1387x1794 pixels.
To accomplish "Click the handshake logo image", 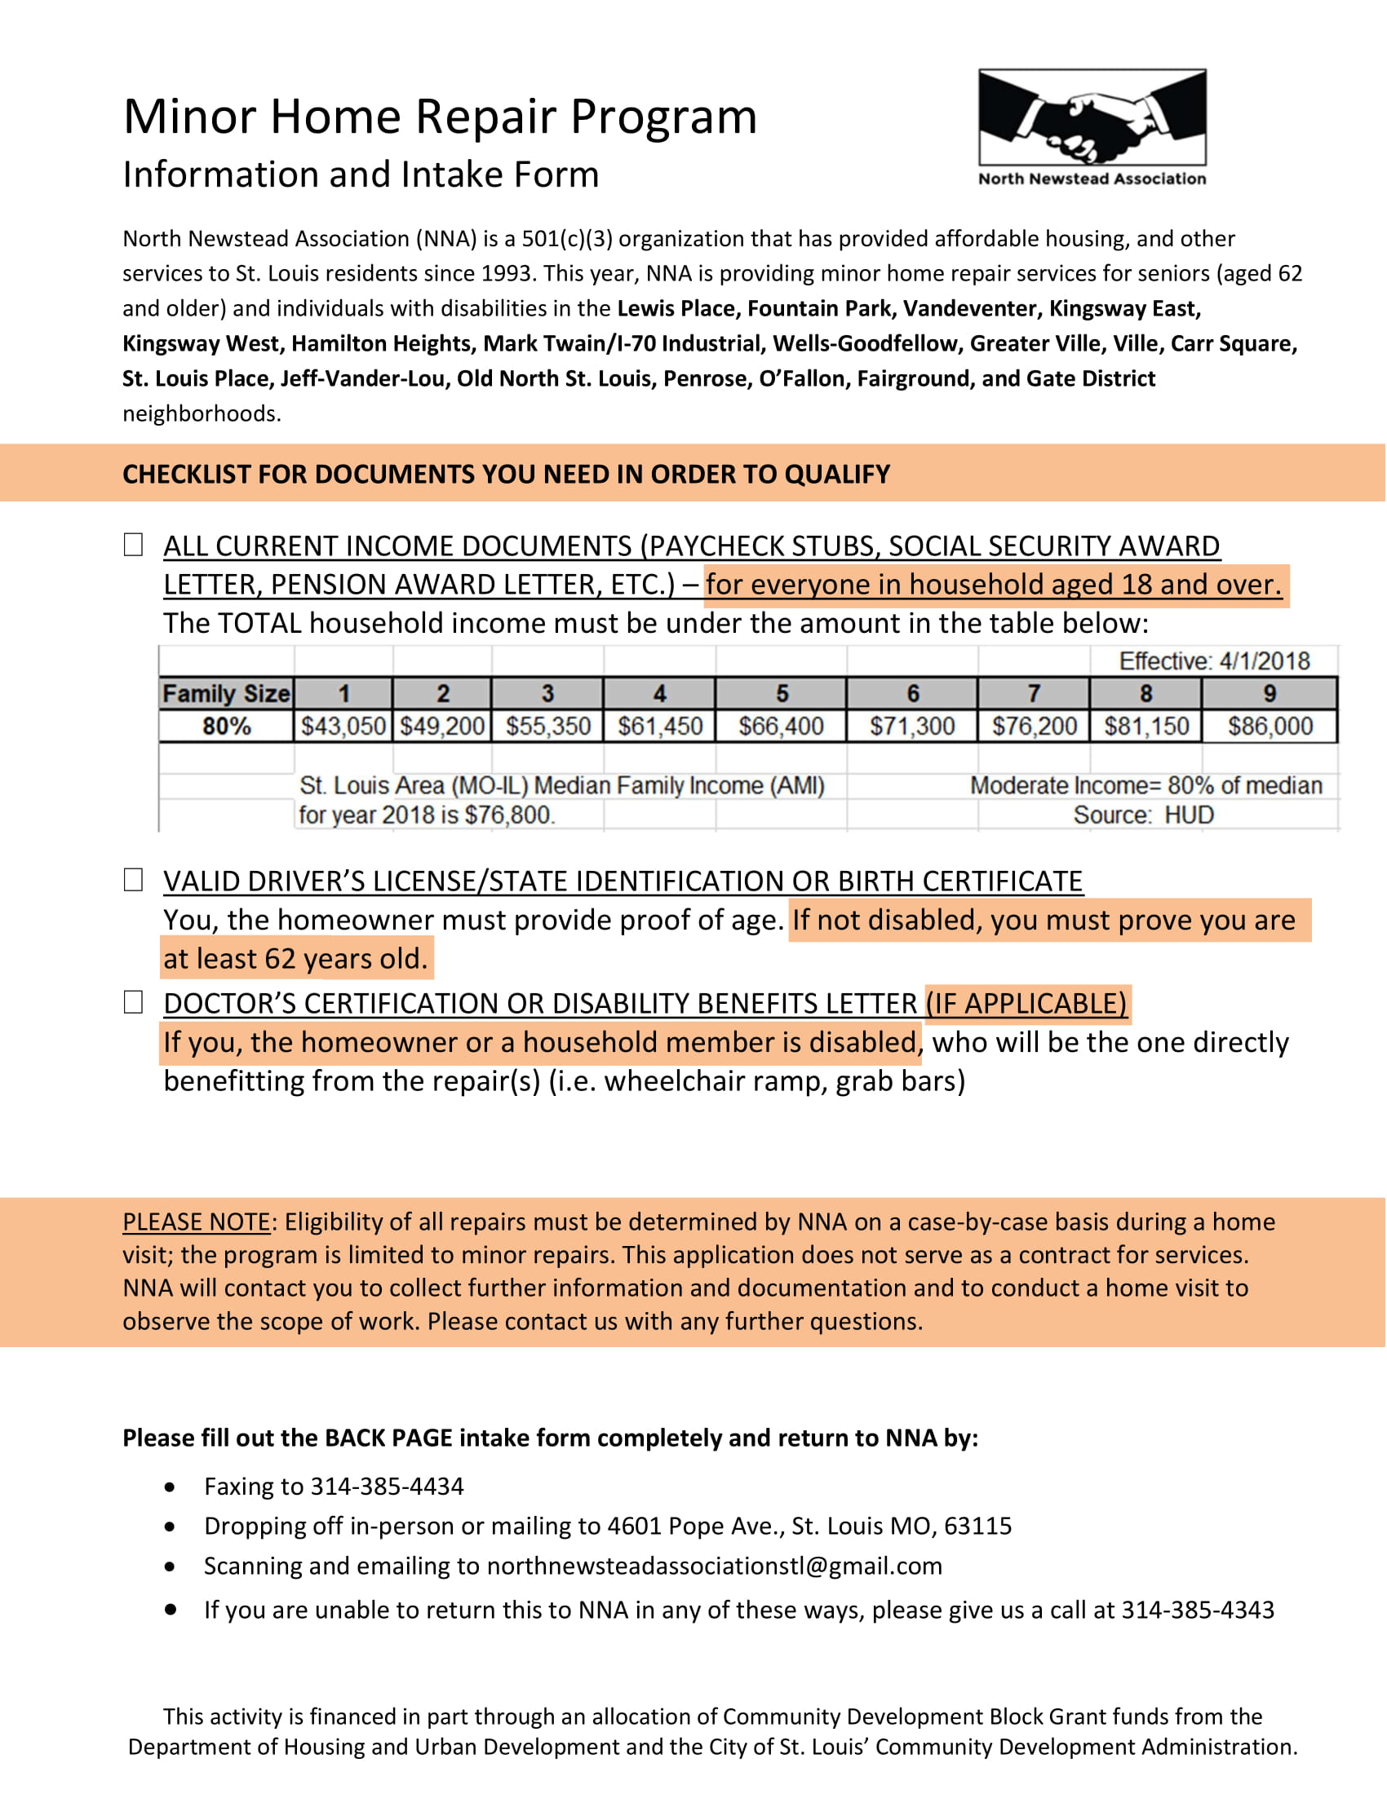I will [1091, 117].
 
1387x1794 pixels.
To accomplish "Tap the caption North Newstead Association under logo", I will [1091, 179].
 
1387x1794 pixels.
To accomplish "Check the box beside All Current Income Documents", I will [133, 545].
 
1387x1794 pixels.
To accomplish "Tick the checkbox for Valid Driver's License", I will [133, 880].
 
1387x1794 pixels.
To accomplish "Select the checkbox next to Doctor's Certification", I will [133, 1002].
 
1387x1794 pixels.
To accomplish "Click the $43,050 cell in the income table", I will [343, 726].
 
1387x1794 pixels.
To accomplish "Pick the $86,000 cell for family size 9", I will [1270, 726].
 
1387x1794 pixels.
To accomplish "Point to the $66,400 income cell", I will [781, 726].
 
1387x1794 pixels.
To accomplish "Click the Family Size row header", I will [226, 694].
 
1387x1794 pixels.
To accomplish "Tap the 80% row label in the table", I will [226, 726].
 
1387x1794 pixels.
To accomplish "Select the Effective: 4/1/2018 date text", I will [1214, 661].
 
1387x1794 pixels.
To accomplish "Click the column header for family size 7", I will [1034, 694].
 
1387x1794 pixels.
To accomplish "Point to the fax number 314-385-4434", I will [386, 1486].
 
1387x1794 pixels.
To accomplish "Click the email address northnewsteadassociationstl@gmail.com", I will [714, 1566].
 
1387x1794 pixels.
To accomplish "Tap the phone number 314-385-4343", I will [1197, 1609].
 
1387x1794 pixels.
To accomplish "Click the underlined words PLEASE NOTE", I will [196, 1222].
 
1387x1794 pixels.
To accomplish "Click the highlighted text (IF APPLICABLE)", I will [1026, 1003].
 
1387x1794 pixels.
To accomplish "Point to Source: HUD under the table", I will [1143, 815].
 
